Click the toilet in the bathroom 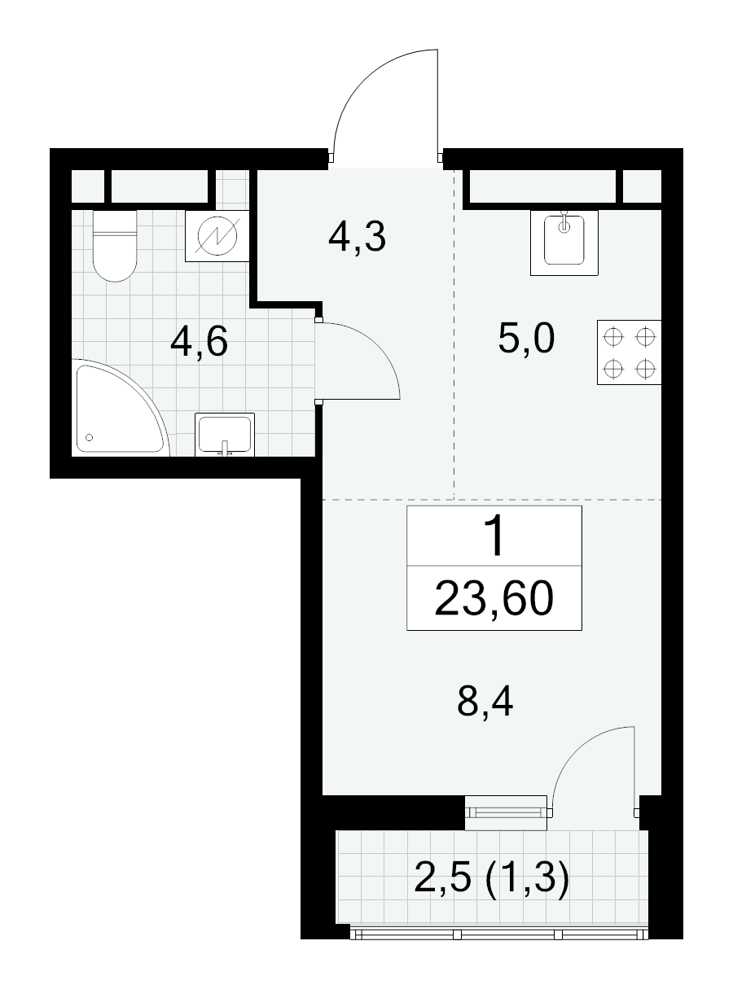pyautogui.click(x=115, y=246)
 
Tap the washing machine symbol pyautogui.click(x=217, y=236)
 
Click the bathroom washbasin pyautogui.click(x=225, y=435)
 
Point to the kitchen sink pyautogui.click(x=564, y=243)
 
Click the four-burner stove pyautogui.click(x=630, y=352)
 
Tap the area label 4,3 pyautogui.click(x=357, y=238)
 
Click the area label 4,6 pyautogui.click(x=199, y=342)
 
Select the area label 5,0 pyautogui.click(x=526, y=338)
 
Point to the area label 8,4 pyautogui.click(x=485, y=702)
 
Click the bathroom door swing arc pyautogui.click(x=380, y=346)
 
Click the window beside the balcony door pyautogui.click(x=506, y=813)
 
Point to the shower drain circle pyautogui.click(x=90, y=437)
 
